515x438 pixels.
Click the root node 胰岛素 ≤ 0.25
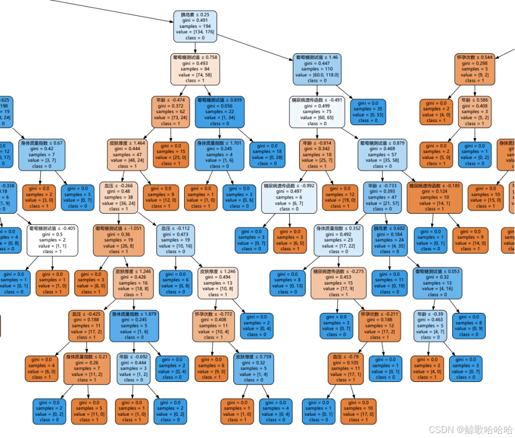click(x=195, y=26)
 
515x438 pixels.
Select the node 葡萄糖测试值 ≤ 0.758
click(x=195, y=69)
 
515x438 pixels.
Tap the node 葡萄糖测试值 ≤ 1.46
click(x=317, y=69)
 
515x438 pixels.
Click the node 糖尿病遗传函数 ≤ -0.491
click(x=318, y=112)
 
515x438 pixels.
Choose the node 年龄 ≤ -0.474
click(x=171, y=112)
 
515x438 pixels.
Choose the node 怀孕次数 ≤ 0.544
click(x=474, y=69)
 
